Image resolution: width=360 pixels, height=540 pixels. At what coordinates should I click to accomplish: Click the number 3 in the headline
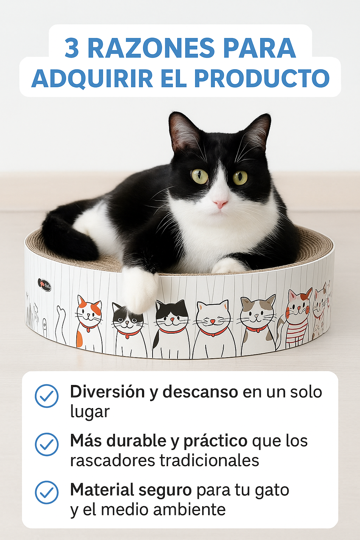point(72,48)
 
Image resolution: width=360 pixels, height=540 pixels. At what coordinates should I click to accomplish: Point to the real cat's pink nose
point(220,204)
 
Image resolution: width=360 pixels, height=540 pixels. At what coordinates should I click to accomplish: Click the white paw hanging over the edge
point(140,288)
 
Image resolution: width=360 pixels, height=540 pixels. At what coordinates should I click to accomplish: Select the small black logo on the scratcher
point(44,284)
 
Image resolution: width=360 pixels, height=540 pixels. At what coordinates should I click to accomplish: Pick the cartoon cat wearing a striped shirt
point(298,318)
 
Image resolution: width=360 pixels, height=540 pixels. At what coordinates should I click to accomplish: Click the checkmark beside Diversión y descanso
point(47,396)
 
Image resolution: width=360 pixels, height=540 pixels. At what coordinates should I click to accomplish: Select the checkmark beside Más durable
point(47,444)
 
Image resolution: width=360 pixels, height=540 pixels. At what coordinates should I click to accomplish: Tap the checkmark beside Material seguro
point(47,493)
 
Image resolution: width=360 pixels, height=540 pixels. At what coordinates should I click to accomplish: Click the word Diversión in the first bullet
point(107,392)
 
